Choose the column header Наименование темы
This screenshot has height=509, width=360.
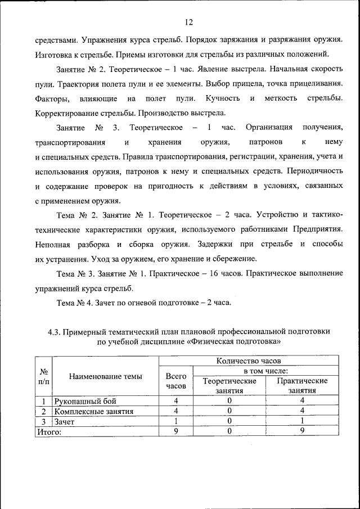(106, 376)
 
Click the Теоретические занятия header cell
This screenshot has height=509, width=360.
(228, 386)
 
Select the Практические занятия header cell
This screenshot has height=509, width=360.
(302, 386)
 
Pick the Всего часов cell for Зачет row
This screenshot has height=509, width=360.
(176, 421)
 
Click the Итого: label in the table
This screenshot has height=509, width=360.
(49, 431)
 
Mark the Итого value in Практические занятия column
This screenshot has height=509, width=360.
(302, 431)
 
